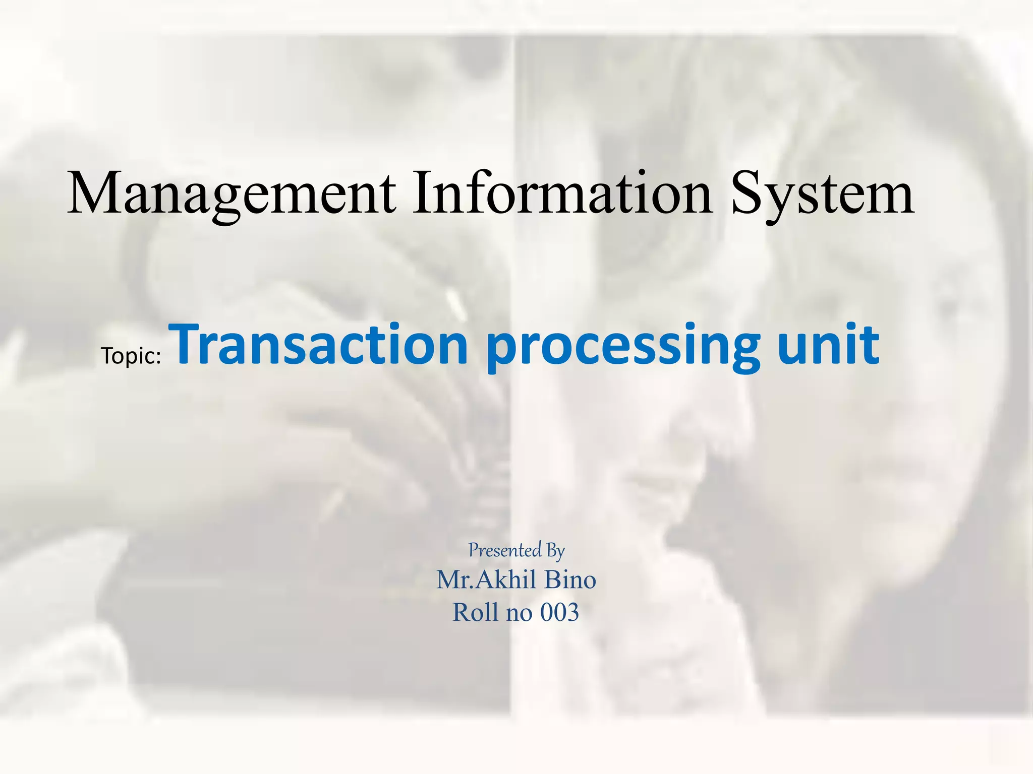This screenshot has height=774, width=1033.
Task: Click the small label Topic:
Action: coord(131,356)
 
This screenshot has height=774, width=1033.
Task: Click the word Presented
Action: coord(505,550)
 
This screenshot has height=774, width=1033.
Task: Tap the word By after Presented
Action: coord(555,551)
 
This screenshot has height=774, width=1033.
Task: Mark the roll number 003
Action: coord(559,613)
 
